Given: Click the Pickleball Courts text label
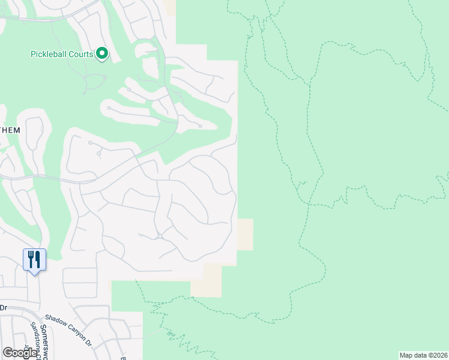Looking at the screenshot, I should (x=62, y=54).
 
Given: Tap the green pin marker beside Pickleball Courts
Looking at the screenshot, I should (x=102, y=54).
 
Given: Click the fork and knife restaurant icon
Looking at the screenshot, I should (x=34, y=259).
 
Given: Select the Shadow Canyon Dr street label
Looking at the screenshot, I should (x=68, y=331).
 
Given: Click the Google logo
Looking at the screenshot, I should (x=20, y=353).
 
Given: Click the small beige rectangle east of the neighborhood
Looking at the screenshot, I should (x=245, y=234).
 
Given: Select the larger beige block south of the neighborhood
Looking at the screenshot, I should (x=206, y=280).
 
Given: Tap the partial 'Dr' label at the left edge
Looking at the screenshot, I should (x=3, y=307).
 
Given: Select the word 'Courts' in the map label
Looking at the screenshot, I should (x=81, y=54).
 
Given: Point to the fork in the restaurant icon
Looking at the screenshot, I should (x=31, y=259).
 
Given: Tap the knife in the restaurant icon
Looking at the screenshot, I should (x=38, y=259).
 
